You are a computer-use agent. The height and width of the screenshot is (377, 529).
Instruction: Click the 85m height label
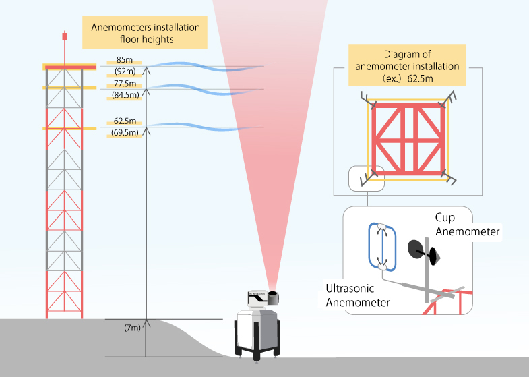[x=125, y=60]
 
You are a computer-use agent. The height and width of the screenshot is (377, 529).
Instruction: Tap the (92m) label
[x=125, y=71]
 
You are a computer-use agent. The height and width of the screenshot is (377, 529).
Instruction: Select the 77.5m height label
[x=125, y=84]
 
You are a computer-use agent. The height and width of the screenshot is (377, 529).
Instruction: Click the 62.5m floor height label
[x=125, y=121]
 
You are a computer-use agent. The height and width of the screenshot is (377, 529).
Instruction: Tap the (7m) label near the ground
[x=132, y=328]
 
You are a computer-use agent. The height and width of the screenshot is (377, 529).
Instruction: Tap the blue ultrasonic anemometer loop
[x=382, y=246]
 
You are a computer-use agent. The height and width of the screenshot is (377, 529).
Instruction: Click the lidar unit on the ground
[x=259, y=327]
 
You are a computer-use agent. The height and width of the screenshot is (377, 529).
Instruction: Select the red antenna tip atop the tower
[x=65, y=34]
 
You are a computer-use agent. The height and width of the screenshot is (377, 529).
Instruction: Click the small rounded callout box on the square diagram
[x=365, y=179]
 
